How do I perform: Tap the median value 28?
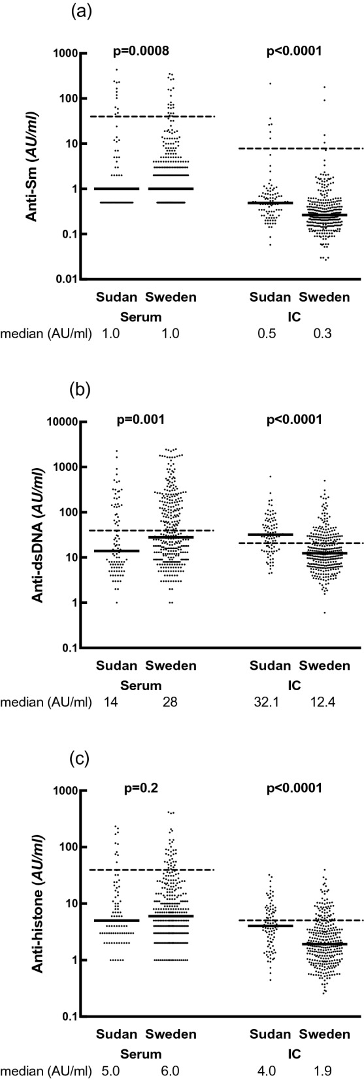coord(171,703)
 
